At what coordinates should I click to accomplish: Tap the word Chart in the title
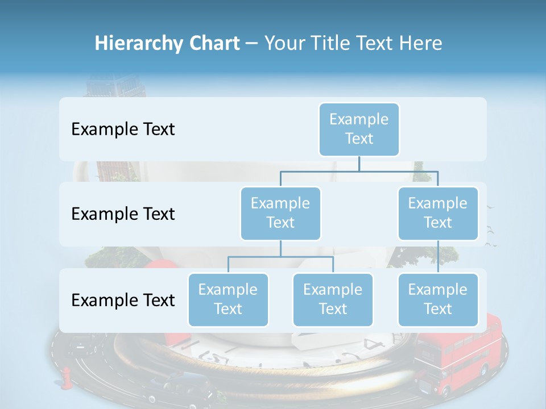[x=213, y=44]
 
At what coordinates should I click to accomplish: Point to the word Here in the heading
[x=420, y=44]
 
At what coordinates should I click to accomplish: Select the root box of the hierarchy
[x=359, y=129]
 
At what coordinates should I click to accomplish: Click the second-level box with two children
[x=280, y=213]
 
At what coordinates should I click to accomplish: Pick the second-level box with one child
[x=438, y=213]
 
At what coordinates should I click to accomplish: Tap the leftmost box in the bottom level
[x=228, y=299]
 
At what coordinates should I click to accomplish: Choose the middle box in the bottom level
[x=333, y=299]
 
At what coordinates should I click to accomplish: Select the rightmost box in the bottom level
[x=438, y=299]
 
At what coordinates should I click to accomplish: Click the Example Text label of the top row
[x=123, y=130]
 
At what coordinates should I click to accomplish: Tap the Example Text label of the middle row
[x=123, y=214]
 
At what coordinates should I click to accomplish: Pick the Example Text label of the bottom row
[x=123, y=301]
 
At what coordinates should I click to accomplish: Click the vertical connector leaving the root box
[x=359, y=164]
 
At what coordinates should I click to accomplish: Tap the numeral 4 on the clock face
[x=374, y=344]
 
